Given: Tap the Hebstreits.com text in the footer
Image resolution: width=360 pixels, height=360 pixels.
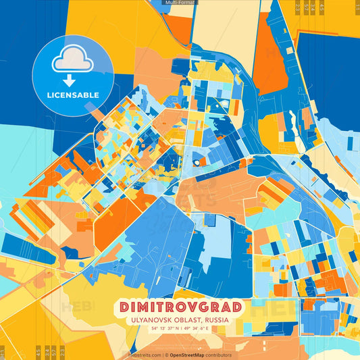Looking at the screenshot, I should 144,355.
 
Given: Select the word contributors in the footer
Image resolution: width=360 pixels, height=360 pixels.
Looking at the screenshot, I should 220,355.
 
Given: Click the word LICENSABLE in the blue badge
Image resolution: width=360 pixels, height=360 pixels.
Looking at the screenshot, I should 72,95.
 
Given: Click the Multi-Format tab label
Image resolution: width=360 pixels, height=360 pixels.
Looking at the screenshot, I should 180,3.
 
